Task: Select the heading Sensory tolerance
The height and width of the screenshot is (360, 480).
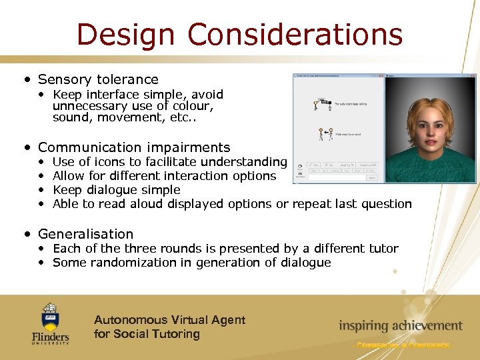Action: coord(98,79)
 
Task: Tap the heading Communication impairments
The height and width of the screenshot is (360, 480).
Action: coord(133,147)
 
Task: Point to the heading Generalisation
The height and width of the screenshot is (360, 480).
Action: coord(85,234)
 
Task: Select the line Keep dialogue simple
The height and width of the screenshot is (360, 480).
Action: coord(116,190)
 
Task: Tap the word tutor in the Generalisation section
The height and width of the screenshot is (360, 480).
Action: coord(382,249)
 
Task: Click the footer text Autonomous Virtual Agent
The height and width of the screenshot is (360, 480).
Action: coord(169,320)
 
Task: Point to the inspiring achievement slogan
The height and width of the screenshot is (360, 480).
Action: coord(400,326)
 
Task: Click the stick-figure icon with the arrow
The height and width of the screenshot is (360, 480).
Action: coord(326,134)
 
